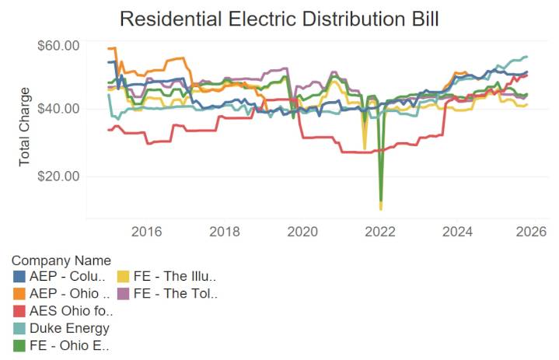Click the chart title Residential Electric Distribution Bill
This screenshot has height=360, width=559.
[x=279, y=19]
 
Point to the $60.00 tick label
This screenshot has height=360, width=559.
[x=58, y=45]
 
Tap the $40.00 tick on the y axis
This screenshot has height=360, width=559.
[x=58, y=108]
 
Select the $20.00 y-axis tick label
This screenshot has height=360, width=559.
[x=58, y=176]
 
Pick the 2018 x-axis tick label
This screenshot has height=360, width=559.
[x=225, y=232]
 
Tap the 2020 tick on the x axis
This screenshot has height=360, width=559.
[x=302, y=232]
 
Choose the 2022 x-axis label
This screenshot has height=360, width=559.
[x=381, y=232]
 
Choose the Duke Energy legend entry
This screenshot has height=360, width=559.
[x=69, y=327]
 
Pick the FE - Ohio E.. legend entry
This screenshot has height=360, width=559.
[x=69, y=344]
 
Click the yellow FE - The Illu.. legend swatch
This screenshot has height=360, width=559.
[x=124, y=276]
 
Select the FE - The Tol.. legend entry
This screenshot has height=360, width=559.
[x=175, y=293]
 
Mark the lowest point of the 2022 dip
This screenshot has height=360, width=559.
[x=381, y=208]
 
